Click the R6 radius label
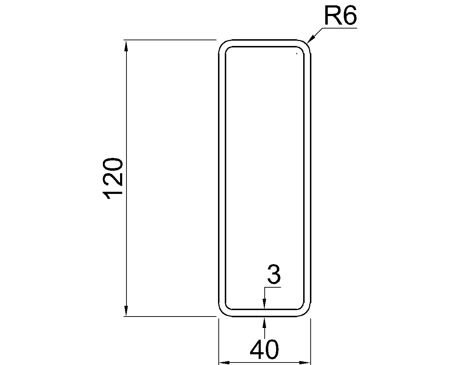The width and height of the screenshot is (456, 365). point(341,15)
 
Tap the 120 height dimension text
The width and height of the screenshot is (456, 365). point(113,179)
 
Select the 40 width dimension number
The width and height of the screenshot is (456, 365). point(264,349)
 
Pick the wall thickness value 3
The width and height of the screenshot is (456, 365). point(274,274)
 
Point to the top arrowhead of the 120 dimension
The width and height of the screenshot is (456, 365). point(126,46)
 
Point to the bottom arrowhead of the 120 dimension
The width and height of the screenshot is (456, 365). point(126,311)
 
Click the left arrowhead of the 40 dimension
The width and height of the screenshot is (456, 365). point(224,363)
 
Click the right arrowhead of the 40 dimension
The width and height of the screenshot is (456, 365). point(305,363)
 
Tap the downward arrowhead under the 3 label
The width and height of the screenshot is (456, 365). point(264,303)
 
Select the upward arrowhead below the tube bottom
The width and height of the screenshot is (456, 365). point(264,323)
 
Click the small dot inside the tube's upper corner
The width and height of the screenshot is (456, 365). point(297,54)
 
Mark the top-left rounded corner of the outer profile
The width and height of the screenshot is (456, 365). point(223,44)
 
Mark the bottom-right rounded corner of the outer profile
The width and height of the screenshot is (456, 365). point(307,312)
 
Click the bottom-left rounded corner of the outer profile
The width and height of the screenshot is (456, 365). point(223,312)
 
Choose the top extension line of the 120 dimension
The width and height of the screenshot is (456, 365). point(170,40)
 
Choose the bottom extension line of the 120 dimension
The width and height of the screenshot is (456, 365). point(170,317)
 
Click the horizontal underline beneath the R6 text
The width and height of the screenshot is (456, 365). point(340,28)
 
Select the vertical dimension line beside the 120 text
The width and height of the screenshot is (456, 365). point(126,178)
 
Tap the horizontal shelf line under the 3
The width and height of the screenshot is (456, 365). point(273,287)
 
